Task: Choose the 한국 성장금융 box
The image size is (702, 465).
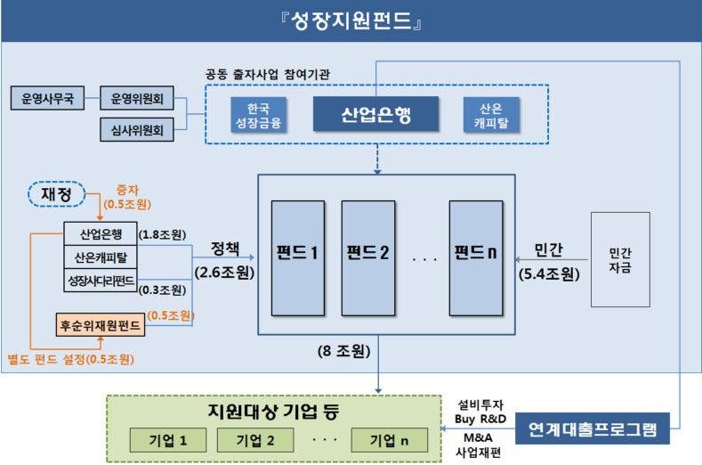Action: pos(256,115)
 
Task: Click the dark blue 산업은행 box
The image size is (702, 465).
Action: pos(376,114)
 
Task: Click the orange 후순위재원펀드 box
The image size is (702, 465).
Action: pos(100,324)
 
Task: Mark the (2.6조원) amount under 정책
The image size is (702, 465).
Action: pos(223,269)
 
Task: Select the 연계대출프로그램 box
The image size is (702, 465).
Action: pos(592,429)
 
